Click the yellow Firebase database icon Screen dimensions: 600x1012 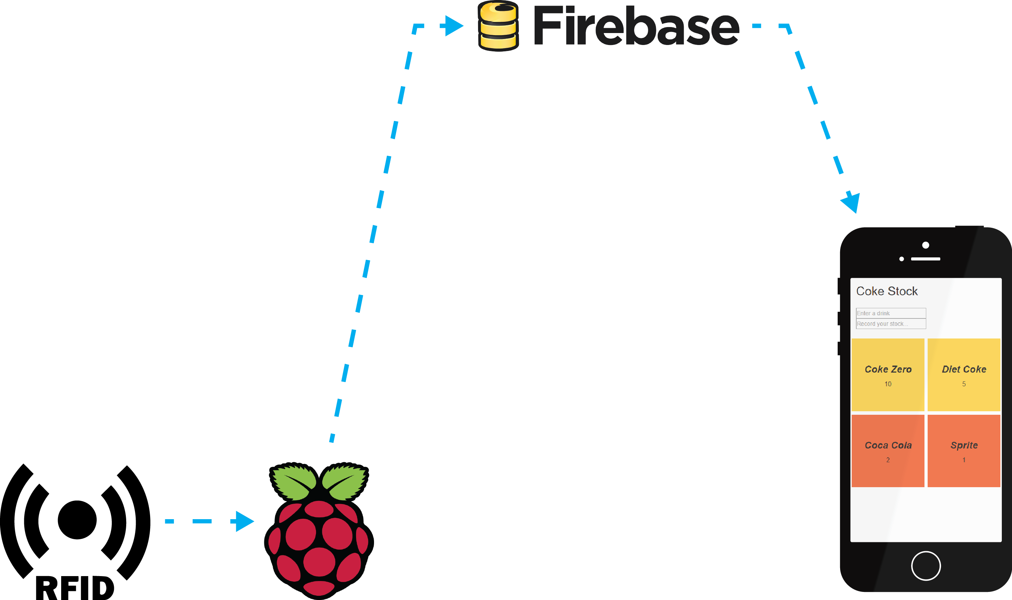pyautogui.click(x=498, y=26)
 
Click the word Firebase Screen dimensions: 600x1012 pyautogui.click(x=636, y=27)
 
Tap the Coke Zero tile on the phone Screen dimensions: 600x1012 pyautogui.click(x=888, y=375)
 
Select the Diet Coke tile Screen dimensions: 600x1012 pyautogui.click(x=963, y=375)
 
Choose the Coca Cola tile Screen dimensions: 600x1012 pyautogui.click(x=888, y=451)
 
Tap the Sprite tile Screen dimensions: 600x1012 pyautogui.click(x=963, y=451)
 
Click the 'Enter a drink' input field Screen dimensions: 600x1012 pyautogui.click(x=891, y=313)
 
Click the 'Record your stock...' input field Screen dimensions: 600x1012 pyautogui.click(x=891, y=324)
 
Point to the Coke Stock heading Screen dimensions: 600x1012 pyautogui.click(x=887, y=291)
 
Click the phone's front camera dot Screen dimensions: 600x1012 pyautogui.click(x=926, y=245)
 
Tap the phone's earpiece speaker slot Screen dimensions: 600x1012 pyautogui.click(x=926, y=259)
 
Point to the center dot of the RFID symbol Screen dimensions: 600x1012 pyautogui.click(x=77, y=520)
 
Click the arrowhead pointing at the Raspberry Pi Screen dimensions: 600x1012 pyautogui.click(x=244, y=521)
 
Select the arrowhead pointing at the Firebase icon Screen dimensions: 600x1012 pyautogui.click(x=453, y=26)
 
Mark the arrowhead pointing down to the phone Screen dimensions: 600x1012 pyautogui.click(x=851, y=202)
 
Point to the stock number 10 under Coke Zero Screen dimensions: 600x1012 pyautogui.click(x=888, y=384)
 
